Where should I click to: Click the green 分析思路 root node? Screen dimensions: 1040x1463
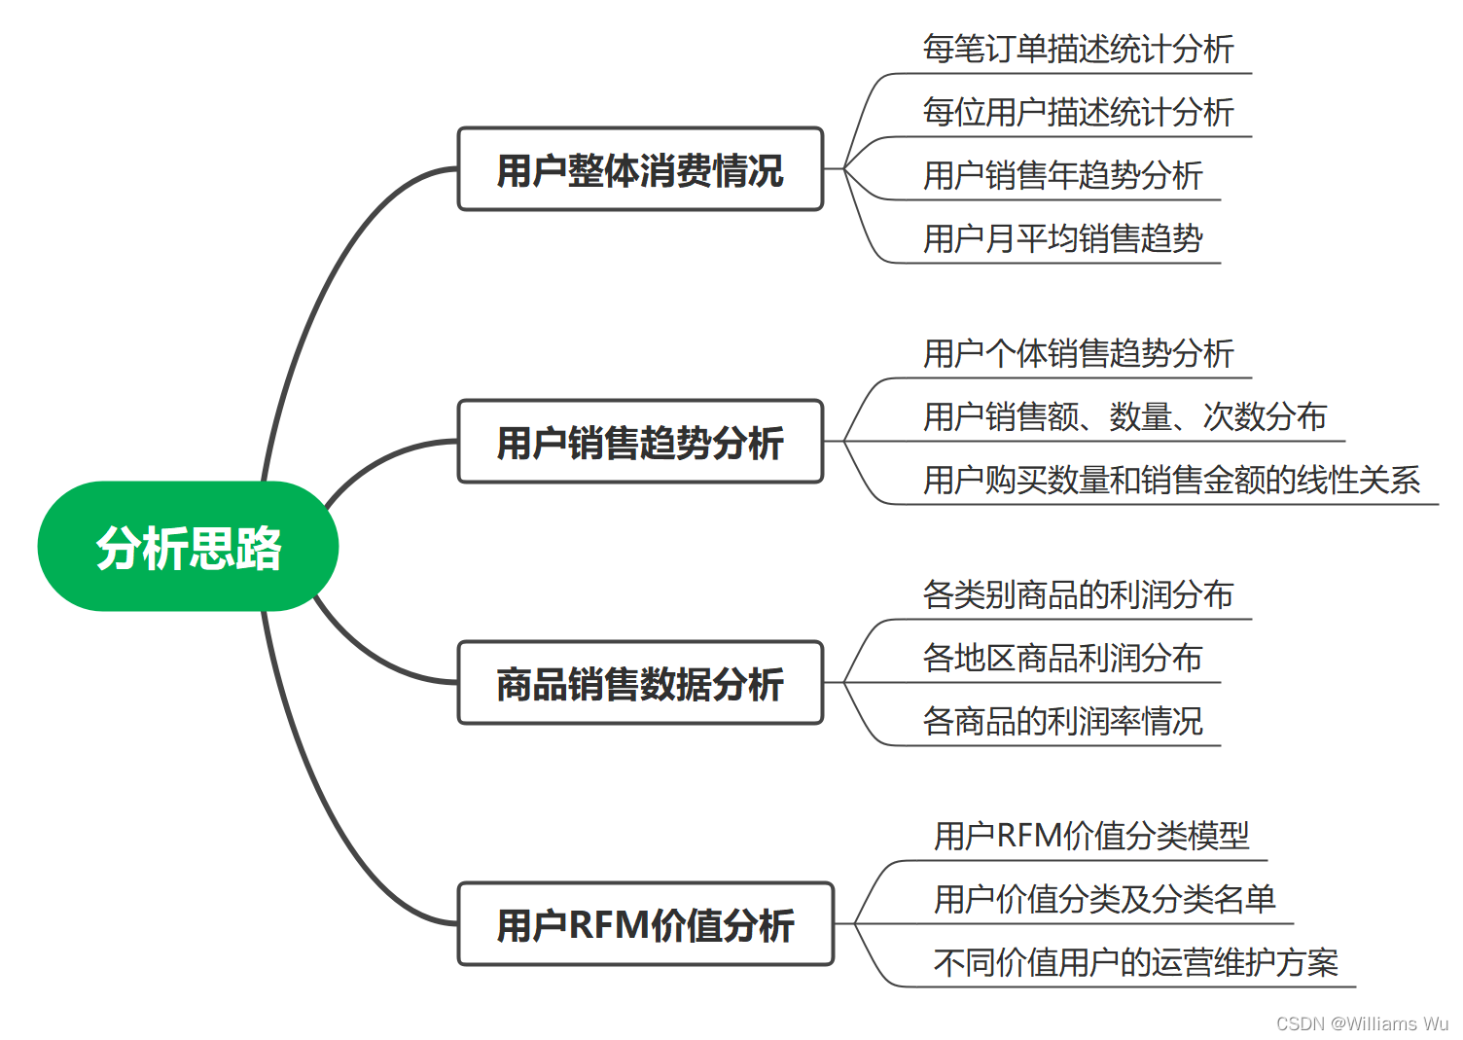click(188, 547)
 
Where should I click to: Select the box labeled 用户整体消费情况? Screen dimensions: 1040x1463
click(640, 169)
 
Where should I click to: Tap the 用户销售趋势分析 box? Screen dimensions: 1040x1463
click(640, 442)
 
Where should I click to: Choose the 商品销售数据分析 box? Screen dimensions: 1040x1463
click(640, 683)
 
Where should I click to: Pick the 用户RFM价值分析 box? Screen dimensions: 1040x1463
click(645, 924)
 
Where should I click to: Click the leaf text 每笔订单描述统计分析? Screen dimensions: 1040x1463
click(1078, 49)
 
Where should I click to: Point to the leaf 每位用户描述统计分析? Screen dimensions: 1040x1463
click(1078, 112)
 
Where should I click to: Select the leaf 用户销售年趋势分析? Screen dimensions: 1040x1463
click(1062, 175)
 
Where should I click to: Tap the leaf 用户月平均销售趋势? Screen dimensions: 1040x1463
click(1062, 238)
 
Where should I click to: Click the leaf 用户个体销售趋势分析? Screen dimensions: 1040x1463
click(1078, 353)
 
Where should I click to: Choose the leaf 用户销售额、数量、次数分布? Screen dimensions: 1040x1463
click(1124, 416)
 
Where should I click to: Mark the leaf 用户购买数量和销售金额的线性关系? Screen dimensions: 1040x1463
click(1171, 480)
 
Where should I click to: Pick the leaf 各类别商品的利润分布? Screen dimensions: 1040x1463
click(1078, 594)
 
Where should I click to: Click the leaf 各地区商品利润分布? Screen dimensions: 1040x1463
click(1062, 658)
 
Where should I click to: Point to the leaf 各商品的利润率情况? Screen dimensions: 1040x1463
click(1062, 721)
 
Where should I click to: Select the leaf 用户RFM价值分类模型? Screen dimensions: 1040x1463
click(1091, 836)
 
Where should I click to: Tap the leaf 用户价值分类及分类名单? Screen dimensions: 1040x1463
click(1104, 899)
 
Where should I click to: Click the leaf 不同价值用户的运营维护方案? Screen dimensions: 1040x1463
click(1135, 962)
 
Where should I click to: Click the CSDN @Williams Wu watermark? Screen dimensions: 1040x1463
click(1362, 1023)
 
